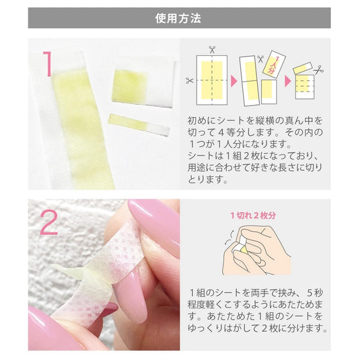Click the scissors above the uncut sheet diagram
coord(211,50)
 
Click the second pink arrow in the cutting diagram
coord(287,80)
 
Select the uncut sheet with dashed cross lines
coord(211,81)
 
